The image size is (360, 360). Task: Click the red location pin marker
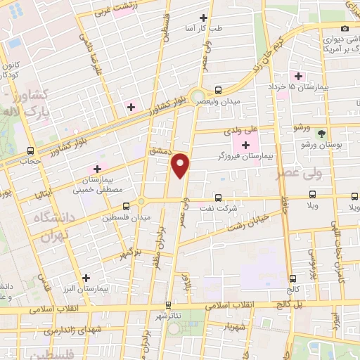(181, 165)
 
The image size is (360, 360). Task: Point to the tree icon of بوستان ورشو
(321, 132)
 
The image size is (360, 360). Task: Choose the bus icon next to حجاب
(30, 150)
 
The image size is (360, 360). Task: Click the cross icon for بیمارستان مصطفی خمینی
(97, 169)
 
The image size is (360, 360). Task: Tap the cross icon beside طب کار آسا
(204, 18)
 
